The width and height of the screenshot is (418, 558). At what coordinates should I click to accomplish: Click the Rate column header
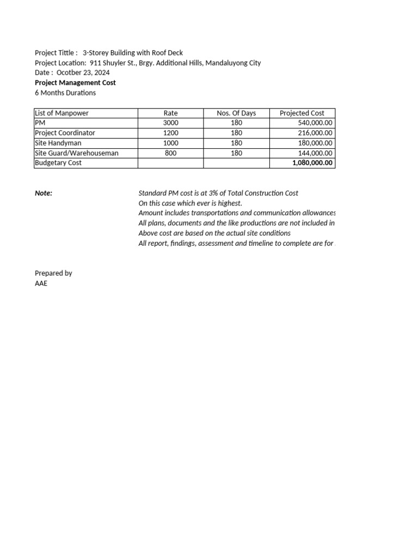[170, 113]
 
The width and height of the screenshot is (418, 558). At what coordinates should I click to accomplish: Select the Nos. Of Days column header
[236, 113]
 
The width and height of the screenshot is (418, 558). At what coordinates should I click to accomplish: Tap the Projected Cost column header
[302, 113]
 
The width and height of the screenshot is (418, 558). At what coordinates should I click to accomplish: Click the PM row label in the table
[40, 123]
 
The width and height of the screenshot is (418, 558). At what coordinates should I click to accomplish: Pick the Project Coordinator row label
[65, 133]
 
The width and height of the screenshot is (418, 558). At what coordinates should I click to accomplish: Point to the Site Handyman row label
[58, 143]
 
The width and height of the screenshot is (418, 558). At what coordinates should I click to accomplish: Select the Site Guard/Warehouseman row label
[76, 153]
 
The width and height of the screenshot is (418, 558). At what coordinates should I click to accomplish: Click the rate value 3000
[170, 123]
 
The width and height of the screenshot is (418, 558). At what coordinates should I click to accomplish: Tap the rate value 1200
[170, 133]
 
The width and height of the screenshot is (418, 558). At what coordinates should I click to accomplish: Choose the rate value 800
[170, 153]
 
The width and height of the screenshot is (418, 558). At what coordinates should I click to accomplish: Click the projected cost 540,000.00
[313, 123]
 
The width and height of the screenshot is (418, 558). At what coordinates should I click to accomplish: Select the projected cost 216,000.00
[313, 133]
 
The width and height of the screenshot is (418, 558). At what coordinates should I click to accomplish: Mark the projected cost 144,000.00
[313, 153]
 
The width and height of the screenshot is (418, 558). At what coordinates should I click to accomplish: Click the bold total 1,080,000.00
[312, 163]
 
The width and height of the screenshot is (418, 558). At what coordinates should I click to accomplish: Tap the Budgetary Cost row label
[58, 163]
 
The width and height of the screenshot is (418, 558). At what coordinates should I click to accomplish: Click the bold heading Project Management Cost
[75, 83]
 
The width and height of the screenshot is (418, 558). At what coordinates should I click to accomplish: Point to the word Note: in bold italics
[44, 193]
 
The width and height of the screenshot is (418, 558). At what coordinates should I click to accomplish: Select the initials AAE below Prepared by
[41, 283]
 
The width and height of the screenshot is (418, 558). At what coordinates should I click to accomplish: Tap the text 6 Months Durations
[65, 93]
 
